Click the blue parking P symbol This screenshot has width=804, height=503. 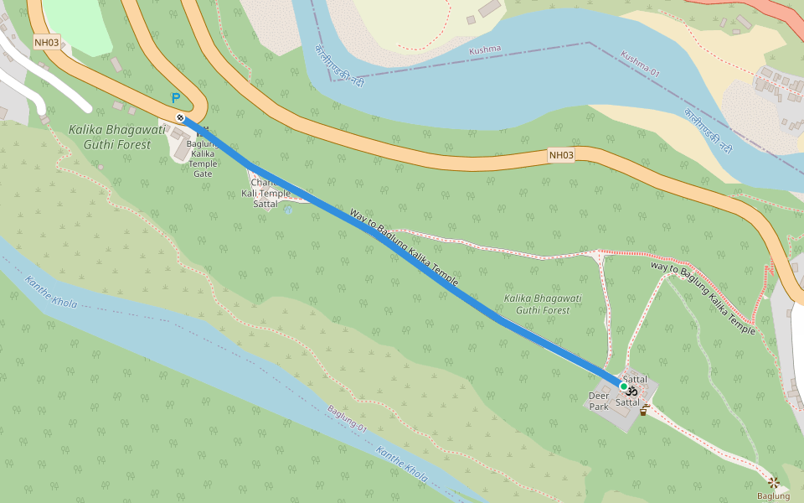click(176, 98)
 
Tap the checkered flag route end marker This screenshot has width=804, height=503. click(180, 117)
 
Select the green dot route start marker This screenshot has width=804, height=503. click(623, 386)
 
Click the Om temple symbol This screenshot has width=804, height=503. click(632, 392)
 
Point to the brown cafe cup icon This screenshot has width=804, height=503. click(644, 410)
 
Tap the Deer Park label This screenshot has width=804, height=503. click(599, 401)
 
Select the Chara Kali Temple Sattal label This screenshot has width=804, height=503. click(265, 194)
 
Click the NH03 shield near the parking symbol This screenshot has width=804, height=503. click(47, 42)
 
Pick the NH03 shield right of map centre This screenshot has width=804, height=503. click(561, 154)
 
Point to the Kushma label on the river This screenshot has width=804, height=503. click(485, 49)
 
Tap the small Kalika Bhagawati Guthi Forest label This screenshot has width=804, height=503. click(543, 304)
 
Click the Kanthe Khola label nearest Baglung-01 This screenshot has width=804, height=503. click(402, 465)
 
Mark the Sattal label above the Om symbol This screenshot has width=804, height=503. click(636, 380)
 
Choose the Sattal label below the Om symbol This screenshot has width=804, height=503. click(627, 403)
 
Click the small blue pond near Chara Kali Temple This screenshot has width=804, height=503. click(288, 210)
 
